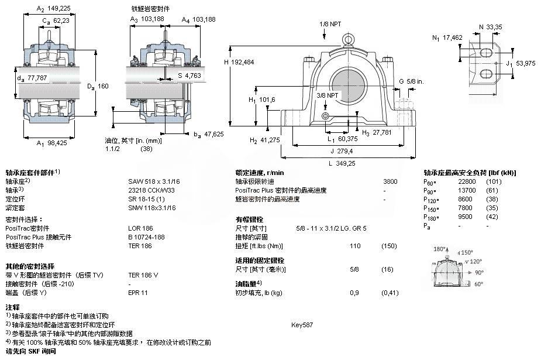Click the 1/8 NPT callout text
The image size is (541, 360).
pos(330,24)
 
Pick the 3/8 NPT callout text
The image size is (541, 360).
pos(328,95)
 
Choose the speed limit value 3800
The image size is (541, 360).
pos(390,181)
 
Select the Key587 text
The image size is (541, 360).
pos(302,324)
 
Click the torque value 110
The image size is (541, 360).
pos(354,246)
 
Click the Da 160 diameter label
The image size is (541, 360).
pos(98,87)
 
